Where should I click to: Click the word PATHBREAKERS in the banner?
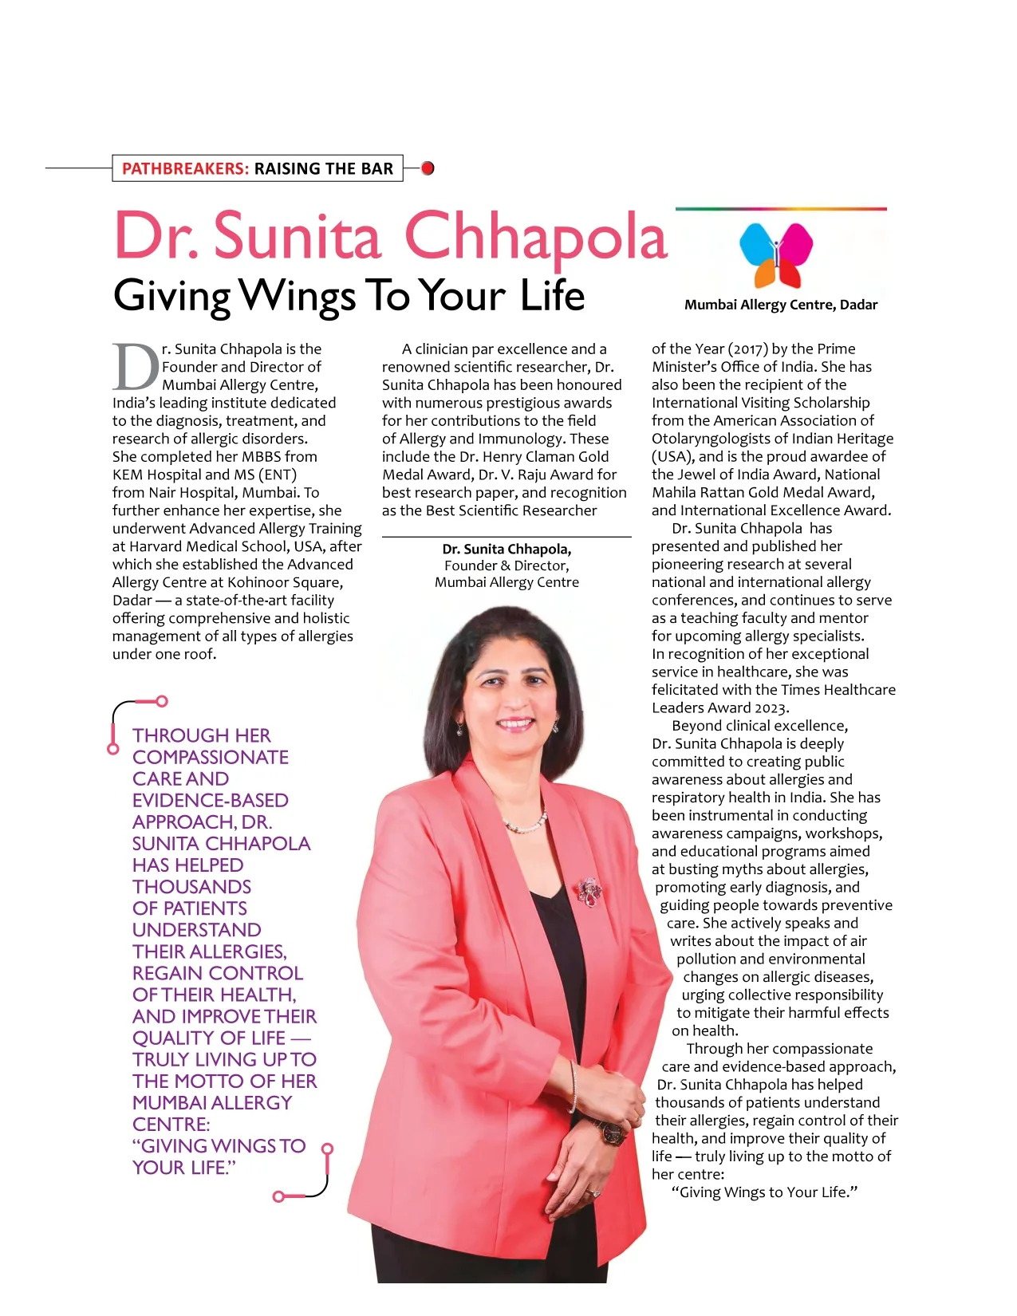coord(185,168)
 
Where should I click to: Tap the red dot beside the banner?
coord(428,168)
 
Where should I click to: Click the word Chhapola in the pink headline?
coord(536,236)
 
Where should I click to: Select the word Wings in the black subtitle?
coord(298,296)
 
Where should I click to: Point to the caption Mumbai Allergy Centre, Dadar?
coord(780,305)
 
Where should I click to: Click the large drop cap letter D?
coord(136,368)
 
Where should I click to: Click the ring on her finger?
coord(593,1192)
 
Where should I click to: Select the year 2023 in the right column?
coord(771,707)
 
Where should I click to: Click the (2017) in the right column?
coord(747,349)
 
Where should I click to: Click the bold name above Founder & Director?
coord(507,549)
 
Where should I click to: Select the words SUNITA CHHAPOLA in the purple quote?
coord(221,843)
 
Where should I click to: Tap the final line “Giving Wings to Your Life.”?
coord(764,1192)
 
